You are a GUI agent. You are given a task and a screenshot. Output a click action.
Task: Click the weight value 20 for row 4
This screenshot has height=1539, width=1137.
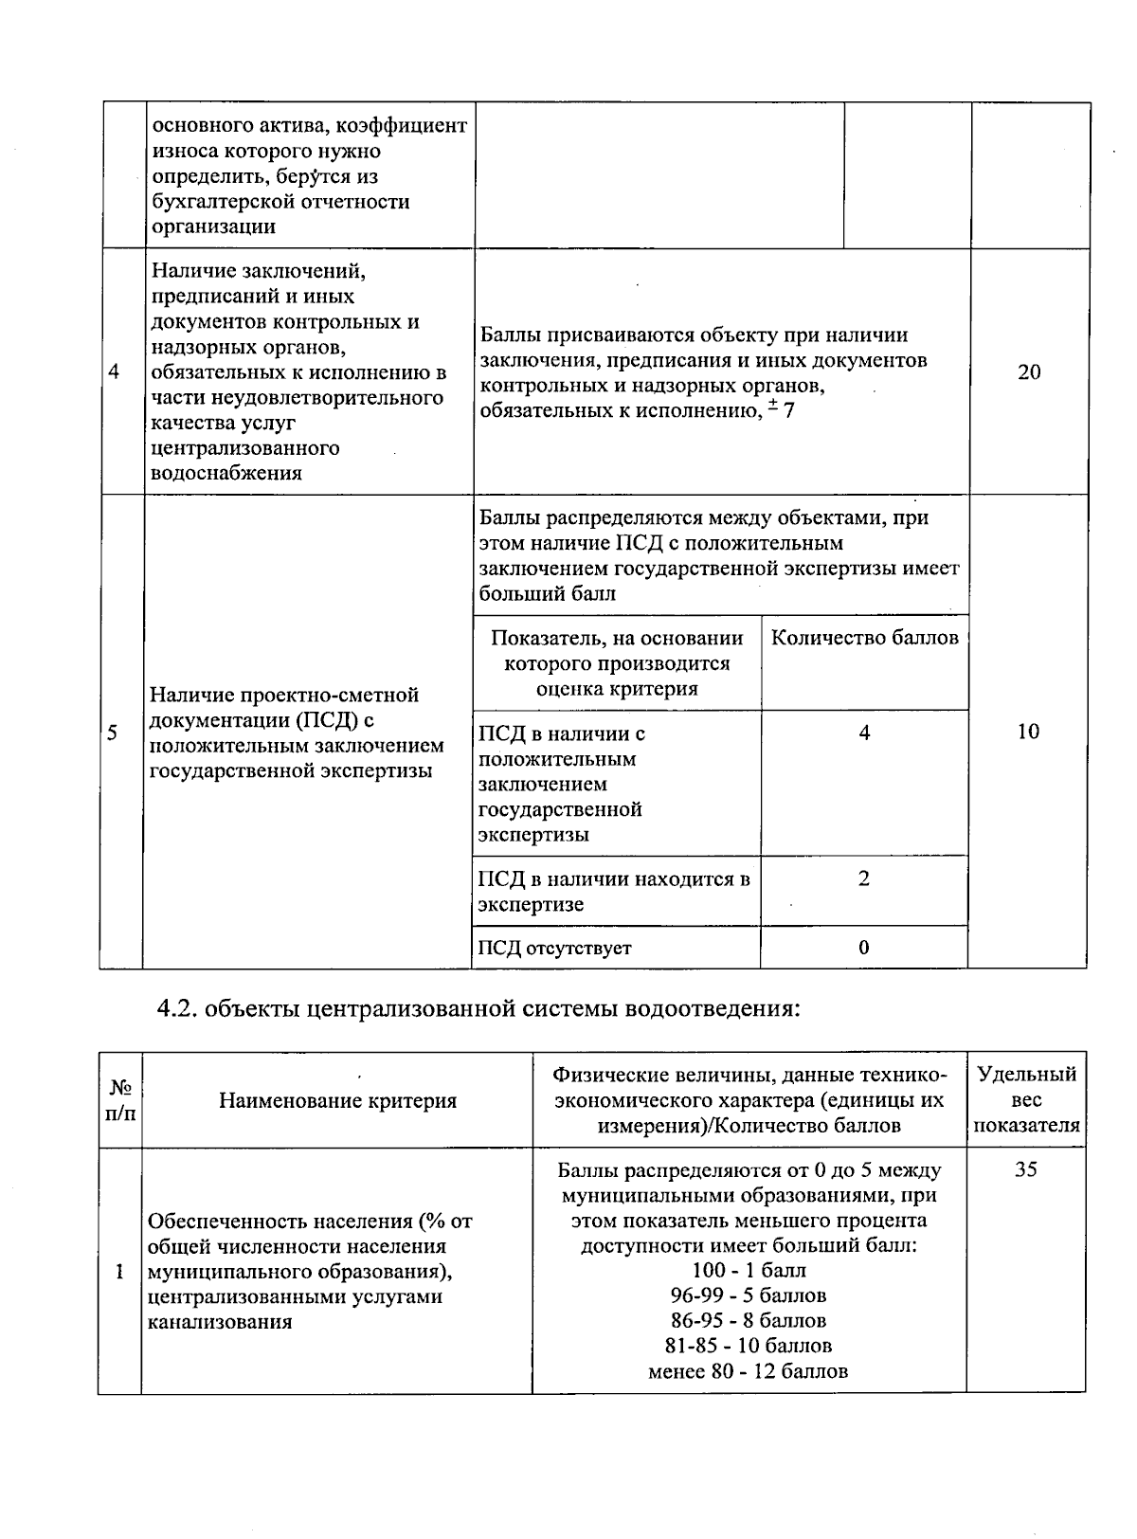[1029, 371]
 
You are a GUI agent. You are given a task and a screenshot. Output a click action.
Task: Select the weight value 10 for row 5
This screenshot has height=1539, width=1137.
[1028, 732]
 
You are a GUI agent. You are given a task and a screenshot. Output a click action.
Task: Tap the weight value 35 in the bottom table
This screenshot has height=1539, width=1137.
[1026, 1169]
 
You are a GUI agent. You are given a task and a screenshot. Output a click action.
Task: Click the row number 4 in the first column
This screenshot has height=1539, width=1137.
[114, 371]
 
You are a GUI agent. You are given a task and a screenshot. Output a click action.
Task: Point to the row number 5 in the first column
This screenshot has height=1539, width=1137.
[112, 733]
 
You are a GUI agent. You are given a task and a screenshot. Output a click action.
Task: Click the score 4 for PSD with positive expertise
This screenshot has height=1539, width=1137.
[864, 733]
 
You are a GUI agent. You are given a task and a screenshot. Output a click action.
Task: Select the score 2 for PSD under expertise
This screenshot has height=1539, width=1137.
[863, 878]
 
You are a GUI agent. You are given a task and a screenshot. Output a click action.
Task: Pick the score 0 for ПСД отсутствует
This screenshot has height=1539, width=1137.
[863, 948]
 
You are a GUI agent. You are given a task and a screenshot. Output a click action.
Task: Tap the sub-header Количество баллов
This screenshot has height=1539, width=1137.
[864, 638]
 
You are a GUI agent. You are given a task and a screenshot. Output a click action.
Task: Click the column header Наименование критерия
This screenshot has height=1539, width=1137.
[337, 1100]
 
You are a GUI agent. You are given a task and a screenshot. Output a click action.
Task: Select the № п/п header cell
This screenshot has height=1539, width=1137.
[119, 1100]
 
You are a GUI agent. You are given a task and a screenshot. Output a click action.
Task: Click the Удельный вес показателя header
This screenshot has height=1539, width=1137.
[1026, 1100]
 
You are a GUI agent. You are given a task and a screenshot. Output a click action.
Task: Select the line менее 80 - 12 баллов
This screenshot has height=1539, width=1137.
[749, 1370]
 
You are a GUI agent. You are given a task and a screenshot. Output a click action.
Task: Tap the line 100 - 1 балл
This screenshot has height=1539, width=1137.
[749, 1270]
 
